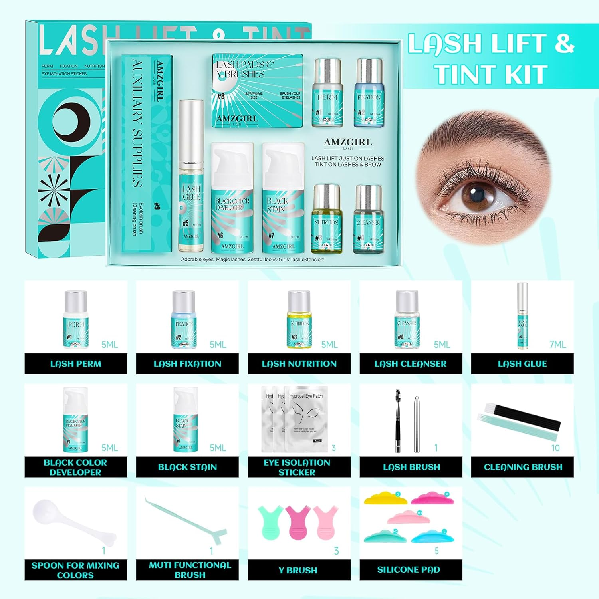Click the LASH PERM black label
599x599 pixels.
click(75, 364)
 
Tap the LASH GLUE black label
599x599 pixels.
click(522, 364)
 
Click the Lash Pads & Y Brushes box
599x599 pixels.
click(257, 91)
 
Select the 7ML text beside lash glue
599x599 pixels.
click(557, 345)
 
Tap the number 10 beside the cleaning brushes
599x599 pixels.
click(555, 448)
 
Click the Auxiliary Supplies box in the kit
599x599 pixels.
click(147, 154)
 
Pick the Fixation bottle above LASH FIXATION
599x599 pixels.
click(184, 319)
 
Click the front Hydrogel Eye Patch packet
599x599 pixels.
click(307, 419)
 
